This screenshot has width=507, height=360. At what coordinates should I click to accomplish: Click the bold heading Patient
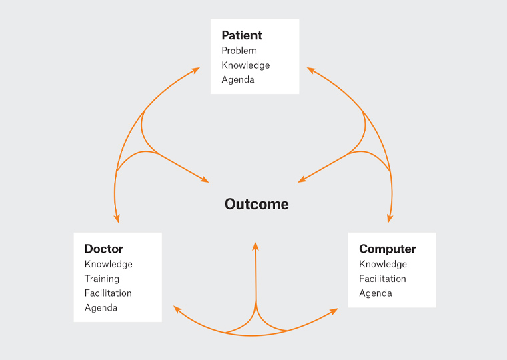(x=241, y=35)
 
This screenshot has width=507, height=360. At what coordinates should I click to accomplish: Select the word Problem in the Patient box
(x=239, y=51)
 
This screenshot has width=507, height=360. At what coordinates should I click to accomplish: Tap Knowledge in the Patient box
(x=245, y=65)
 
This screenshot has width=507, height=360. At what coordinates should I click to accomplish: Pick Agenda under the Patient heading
(x=238, y=80)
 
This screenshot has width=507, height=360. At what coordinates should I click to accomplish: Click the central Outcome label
(x=257, y=204)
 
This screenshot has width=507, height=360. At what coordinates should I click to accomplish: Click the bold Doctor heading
(x=104, y=249)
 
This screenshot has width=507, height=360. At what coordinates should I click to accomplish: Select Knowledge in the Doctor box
(x=109, y=264)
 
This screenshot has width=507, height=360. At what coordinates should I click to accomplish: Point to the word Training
(x=102, y=279)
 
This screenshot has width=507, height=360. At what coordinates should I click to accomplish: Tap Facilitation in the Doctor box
(x=108, y=293)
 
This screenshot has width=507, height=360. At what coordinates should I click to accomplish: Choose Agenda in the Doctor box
(x=101, y=308)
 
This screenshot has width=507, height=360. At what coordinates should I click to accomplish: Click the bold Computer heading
(x=388, y=249)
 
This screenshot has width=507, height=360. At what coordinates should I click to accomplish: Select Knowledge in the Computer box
(x=383, y=264)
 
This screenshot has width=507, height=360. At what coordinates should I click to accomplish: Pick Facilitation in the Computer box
(x=382, y=279)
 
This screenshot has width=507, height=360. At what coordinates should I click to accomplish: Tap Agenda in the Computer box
(x=376, y=293)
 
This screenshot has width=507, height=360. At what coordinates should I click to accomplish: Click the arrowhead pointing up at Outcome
(x=256, y=246)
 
